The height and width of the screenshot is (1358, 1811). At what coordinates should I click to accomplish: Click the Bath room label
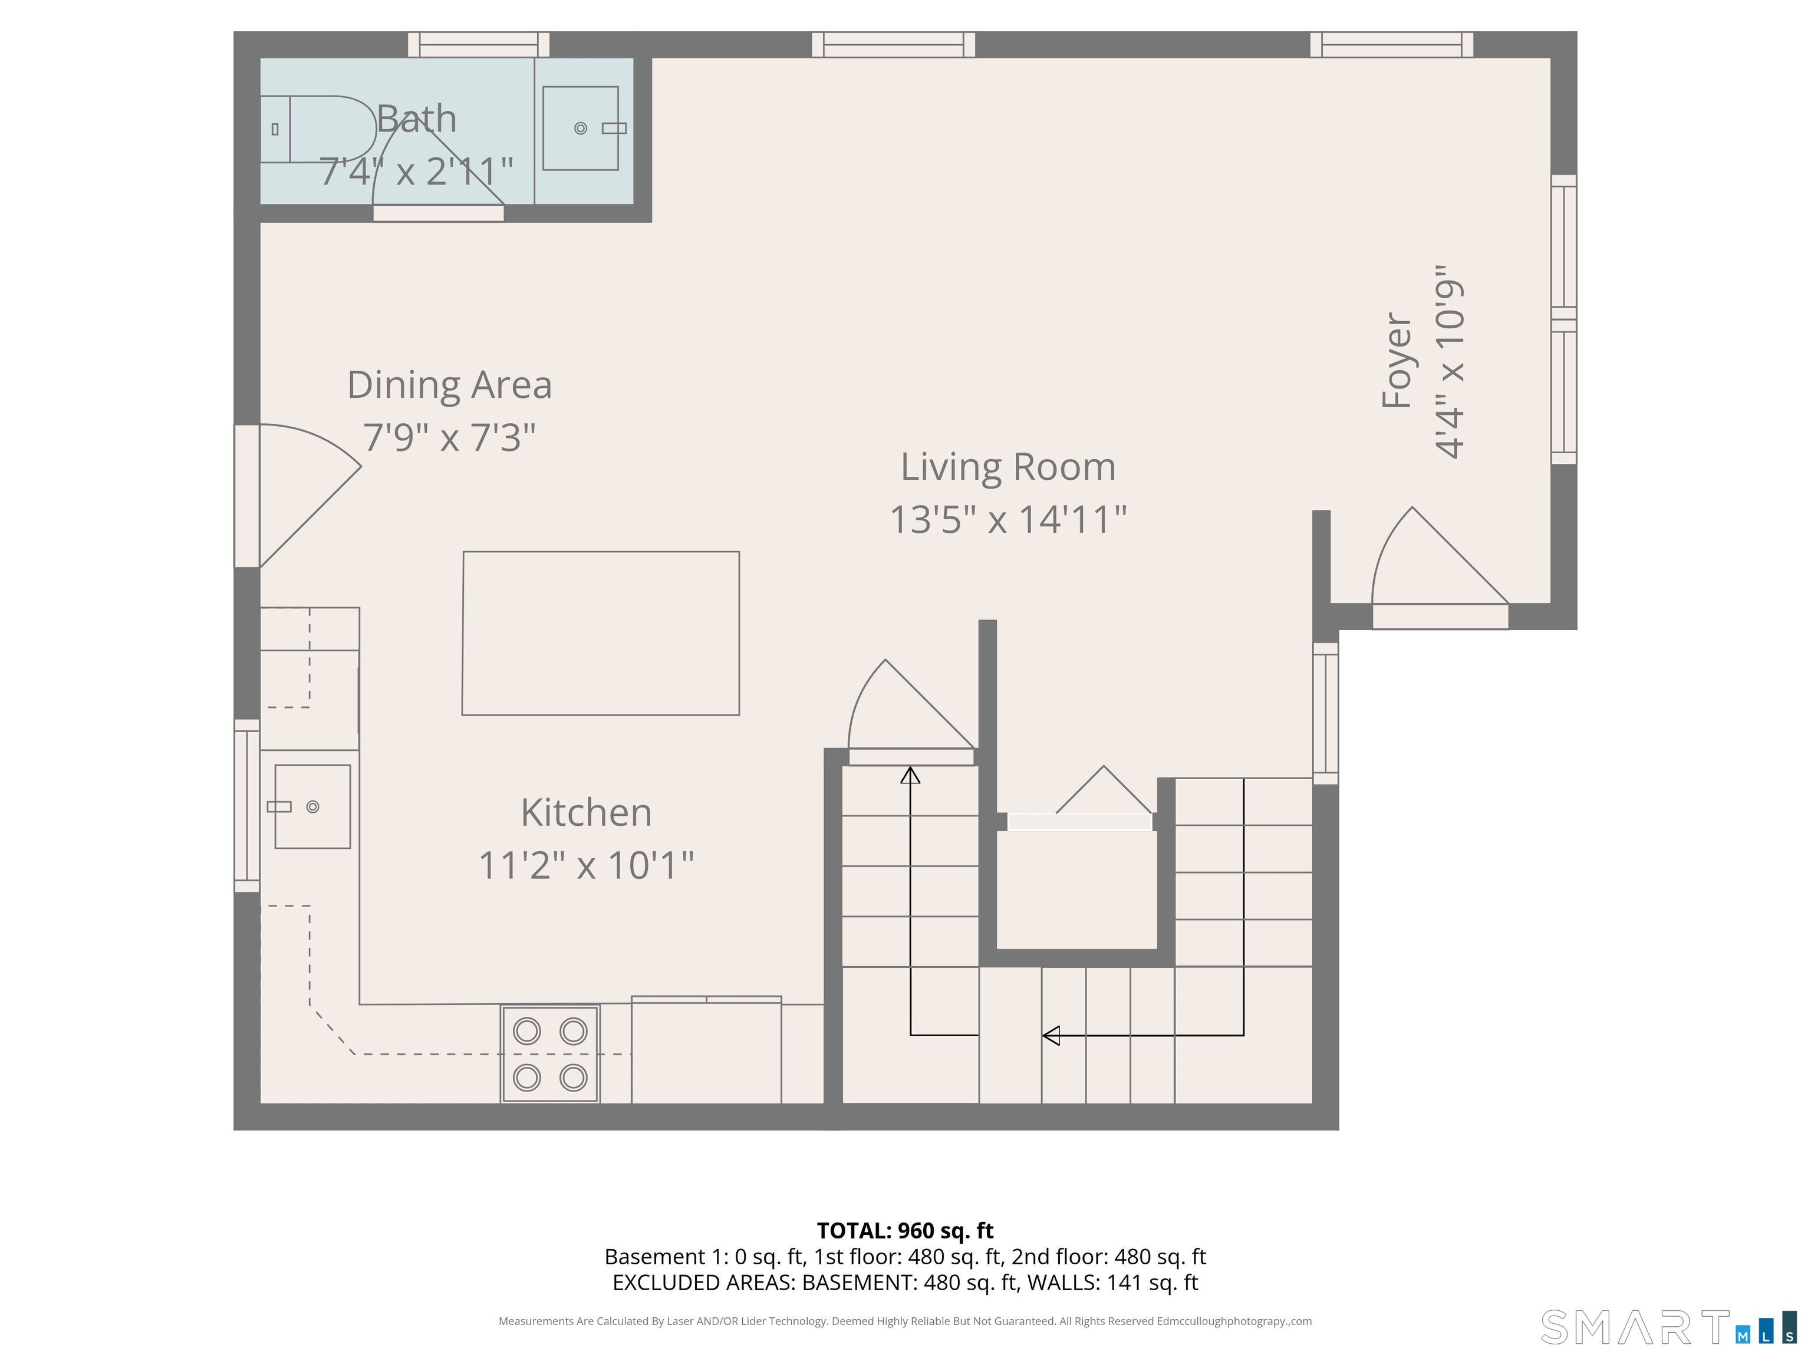416,120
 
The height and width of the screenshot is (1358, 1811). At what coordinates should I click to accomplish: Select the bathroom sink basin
581,128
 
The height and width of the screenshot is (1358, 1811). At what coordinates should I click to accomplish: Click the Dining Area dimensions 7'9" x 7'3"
449,437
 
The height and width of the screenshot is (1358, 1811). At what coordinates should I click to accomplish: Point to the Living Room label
1008,467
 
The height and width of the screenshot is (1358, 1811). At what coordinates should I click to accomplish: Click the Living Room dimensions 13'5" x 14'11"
1008,519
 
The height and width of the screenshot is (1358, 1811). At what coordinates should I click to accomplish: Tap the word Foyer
1397,360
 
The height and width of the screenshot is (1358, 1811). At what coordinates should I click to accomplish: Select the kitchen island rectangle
601,634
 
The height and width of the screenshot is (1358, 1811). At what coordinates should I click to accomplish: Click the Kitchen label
586,813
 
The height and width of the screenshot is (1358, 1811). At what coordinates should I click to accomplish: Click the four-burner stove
550,1053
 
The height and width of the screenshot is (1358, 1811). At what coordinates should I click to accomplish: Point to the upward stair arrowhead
910,774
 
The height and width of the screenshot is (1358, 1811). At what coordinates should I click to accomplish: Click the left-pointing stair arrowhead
1051,1036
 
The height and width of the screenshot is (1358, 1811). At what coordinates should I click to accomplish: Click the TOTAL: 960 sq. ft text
905,1230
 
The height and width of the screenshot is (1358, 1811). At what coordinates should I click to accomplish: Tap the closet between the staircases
1076,889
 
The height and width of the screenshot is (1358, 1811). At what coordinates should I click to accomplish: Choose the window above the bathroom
479,44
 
